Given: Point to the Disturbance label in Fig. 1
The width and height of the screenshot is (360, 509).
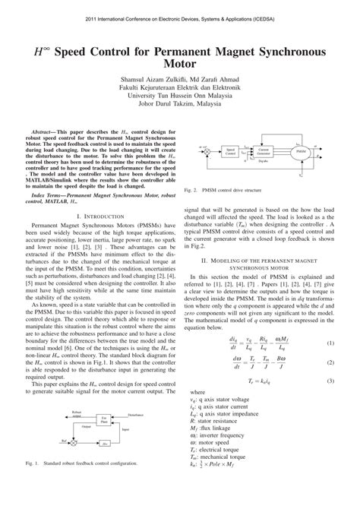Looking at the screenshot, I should click(136, 415).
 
